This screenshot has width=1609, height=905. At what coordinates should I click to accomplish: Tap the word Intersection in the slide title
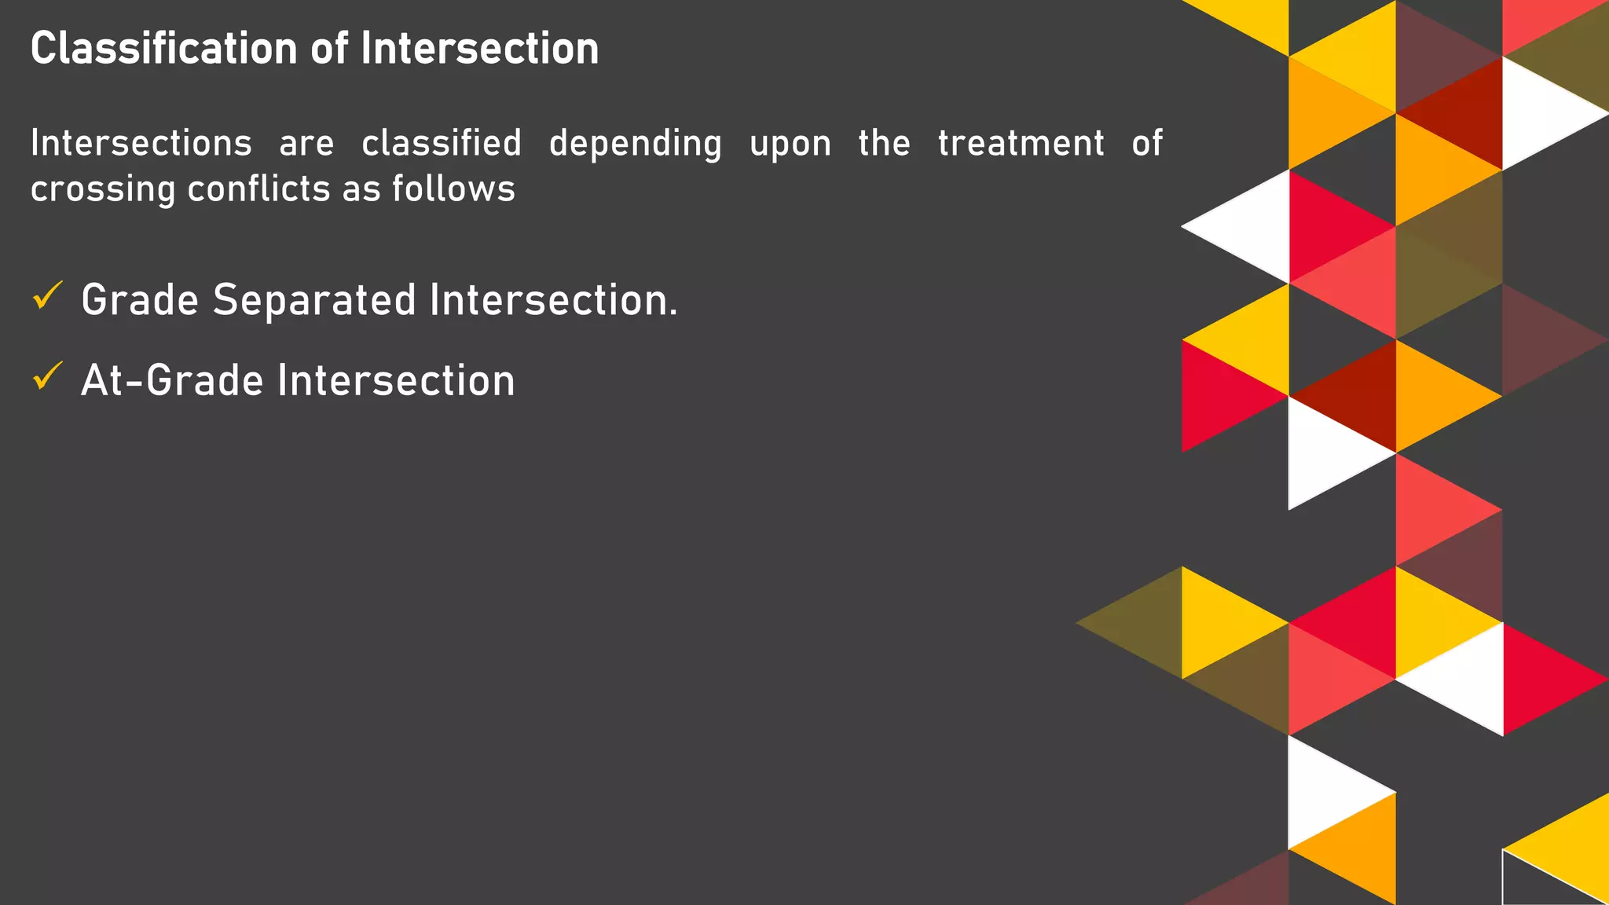479,49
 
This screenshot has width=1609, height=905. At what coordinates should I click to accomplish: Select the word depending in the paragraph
635,145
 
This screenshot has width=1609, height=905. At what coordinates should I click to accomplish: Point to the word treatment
1021,143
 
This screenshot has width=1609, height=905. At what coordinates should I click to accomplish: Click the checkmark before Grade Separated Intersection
47,297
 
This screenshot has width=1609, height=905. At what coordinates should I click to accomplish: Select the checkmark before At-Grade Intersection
47,377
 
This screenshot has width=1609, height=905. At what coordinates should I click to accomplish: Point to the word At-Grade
172,381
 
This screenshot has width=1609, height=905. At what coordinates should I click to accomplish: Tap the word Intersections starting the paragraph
141,143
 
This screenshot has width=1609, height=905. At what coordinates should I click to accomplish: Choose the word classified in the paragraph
442,143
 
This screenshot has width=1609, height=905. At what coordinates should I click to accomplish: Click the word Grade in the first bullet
140,301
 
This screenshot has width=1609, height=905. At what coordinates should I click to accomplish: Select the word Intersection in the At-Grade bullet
396,381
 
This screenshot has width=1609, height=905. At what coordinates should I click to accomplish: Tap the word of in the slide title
329,49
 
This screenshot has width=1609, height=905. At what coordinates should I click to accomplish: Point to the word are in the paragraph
306,145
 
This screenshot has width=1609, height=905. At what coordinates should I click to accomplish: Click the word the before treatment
884,143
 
